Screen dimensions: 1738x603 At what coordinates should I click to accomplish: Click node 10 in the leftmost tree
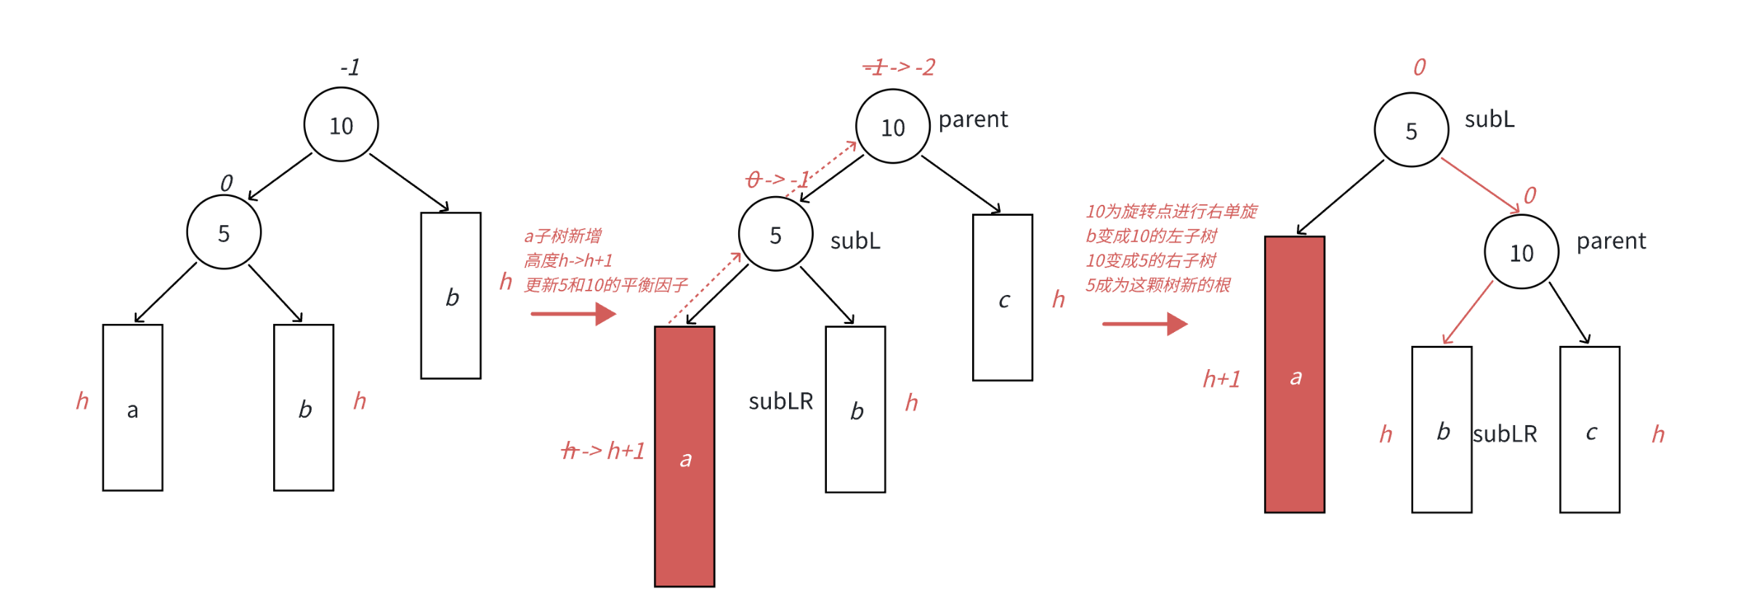341,125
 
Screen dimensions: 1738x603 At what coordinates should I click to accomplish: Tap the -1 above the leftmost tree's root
350,68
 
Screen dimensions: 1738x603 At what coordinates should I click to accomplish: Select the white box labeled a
132,408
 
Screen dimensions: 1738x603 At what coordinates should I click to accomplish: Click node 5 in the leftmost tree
224,233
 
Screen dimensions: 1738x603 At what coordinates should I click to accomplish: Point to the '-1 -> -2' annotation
899,68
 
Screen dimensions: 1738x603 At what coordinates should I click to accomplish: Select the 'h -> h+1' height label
603,451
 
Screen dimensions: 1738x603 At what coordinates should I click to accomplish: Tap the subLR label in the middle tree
780,402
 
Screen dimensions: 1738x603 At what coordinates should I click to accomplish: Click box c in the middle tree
1003,297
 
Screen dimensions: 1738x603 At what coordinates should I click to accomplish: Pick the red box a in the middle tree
684,456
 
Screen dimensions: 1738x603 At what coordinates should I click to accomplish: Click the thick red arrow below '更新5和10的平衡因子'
573,314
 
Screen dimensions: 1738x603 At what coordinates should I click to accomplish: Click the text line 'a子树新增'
563,236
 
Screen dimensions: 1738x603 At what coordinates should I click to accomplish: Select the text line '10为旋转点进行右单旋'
1171,211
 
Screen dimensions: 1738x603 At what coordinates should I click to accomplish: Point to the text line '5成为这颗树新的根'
1158,285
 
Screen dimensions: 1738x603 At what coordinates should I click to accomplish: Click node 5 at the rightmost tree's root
1411,130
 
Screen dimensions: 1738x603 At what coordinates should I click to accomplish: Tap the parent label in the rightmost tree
1611,241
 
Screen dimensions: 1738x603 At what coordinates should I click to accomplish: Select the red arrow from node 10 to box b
1468,312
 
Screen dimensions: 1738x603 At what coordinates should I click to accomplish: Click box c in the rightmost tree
1590,429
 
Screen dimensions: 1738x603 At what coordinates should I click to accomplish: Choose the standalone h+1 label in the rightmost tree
1221,379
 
